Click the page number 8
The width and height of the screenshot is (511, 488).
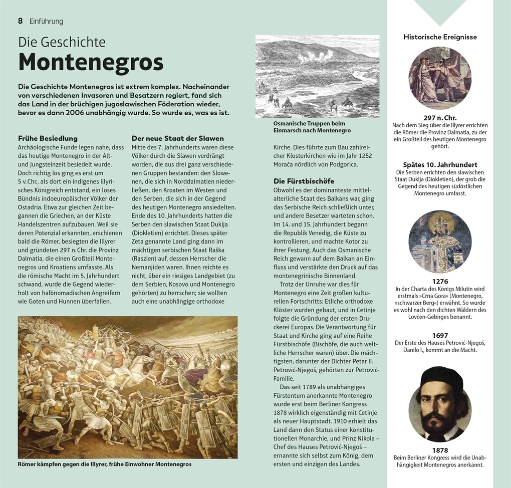(x=21, y=21)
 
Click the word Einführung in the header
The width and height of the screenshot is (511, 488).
(x=47, y=21)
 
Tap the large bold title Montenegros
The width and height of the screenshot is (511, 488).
(x=91, y=62)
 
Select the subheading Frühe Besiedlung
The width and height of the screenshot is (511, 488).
(x=48, y=138)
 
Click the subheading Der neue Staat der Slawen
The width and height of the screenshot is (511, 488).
(x=177, y=138)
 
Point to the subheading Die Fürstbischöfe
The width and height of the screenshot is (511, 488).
(x=304, y=181)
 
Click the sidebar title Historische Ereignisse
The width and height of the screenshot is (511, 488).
(x=440, y=37)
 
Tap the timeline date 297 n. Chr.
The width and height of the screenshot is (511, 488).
(x=440, y=118)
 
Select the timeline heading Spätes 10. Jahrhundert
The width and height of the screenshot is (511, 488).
(x=440, y=165)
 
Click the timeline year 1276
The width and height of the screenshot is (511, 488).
(x=440, y=282)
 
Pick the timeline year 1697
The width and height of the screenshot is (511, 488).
(x=440, y=336)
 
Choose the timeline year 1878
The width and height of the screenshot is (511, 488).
(x=440, y=450)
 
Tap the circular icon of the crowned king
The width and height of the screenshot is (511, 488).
(x=440, y=241)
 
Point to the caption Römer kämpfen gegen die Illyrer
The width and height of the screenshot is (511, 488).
(x=105, y=464)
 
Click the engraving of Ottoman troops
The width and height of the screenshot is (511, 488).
(x=317, y=76)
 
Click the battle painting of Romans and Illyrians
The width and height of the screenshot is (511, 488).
(x=128, y=387)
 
